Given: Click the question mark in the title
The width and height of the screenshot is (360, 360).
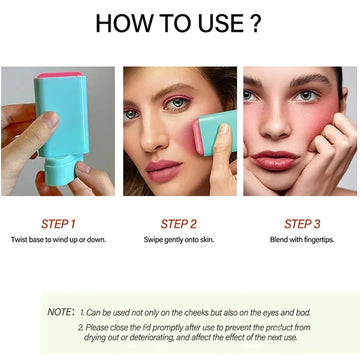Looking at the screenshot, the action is pos(255,23).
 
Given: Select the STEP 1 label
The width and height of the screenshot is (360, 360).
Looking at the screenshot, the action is pos(58,224).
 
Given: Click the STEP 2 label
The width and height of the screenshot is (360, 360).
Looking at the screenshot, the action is pos(179,224).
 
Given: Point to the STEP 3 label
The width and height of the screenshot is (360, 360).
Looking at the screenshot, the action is pos(302,224).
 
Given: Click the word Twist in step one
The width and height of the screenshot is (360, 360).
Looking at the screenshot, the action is pos(18,239).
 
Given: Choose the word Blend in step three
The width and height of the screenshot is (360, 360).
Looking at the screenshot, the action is pos(277,239).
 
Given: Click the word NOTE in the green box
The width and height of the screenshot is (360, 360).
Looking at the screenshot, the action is pos(59,312).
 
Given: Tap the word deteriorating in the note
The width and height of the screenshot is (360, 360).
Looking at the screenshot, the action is pos(145,337).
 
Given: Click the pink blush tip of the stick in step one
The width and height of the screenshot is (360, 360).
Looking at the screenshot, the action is pos(60,74).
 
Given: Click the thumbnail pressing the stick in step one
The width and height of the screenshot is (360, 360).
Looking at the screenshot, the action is pos(52,119).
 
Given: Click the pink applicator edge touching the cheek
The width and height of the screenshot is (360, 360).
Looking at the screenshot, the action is pos(197,138).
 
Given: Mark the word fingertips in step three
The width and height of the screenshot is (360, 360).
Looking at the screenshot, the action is pos(319,240).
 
